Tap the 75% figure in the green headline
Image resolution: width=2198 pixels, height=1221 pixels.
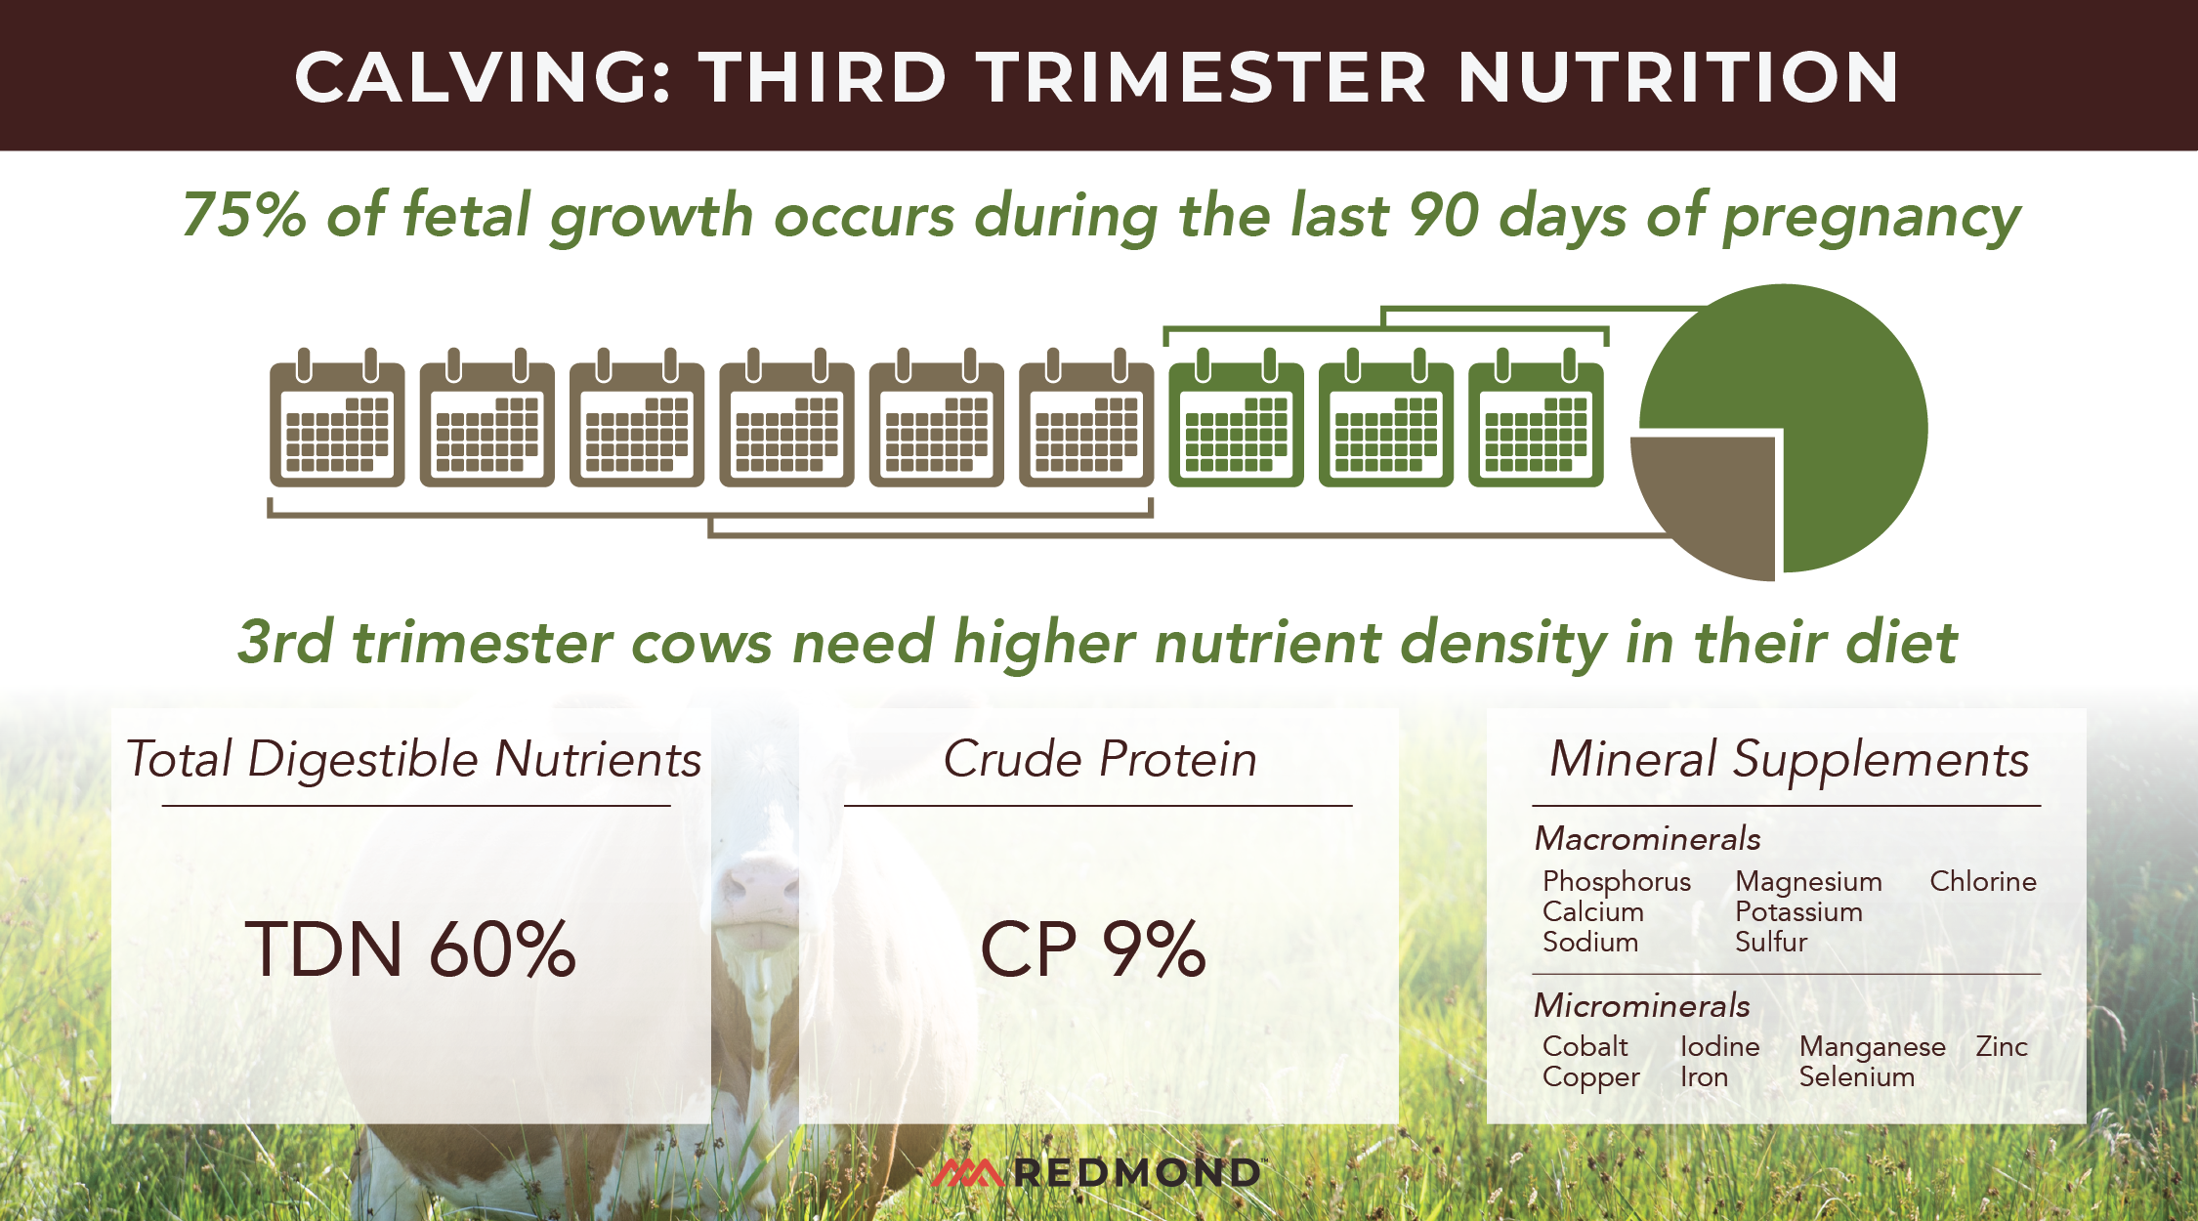coord(244,215)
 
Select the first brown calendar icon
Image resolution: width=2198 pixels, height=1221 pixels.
coord(337,420)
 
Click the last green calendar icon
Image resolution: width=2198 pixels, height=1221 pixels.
coord(1536,420)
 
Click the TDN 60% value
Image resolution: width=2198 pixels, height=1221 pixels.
coord(410,949)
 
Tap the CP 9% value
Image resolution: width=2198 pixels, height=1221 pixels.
coord(1093,949)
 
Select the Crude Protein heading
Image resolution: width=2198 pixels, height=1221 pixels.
coord(1099,759)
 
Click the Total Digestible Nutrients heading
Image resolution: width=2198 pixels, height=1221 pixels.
coord(413,759)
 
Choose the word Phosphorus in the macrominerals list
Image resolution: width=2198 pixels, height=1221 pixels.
coord(1616,881)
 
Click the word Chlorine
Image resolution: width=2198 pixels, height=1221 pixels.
coord(1982,881)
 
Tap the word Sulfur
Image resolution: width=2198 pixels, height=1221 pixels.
coord(1770,942)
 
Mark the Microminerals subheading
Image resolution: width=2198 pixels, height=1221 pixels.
coord(1641,1005)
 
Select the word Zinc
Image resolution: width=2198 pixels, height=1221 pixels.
coord(2001,1046)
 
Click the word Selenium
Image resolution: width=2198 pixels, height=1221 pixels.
coord(1856,1076)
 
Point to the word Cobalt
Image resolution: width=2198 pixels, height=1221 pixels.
coord(1585,1046)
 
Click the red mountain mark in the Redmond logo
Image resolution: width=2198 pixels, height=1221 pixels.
coord(967,1172)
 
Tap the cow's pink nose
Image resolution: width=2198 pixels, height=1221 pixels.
coord(757,884)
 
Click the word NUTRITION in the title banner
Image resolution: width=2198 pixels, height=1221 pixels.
coord(1677,77)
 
